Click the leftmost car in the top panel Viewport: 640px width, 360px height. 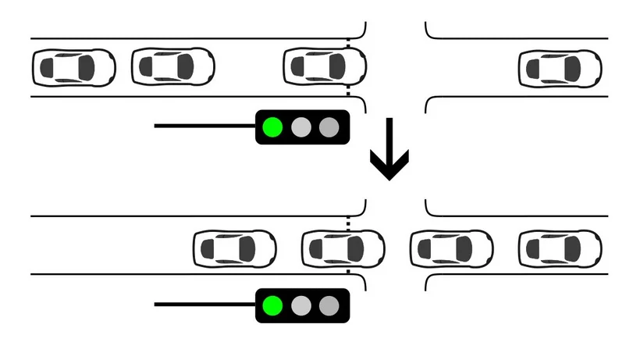[x=73, y=66]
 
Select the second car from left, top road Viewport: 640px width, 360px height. [x=173, y=66]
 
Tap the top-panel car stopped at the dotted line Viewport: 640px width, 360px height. [x=324, y=66]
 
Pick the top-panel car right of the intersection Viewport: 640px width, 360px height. [x=560, y=68]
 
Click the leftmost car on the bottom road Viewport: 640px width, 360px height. [x=235, y=248]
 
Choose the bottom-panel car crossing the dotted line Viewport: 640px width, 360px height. [x=343, y=248]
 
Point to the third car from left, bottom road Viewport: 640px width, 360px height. [x=452, y=248]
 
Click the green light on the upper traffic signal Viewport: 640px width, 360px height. [x=272, y=127]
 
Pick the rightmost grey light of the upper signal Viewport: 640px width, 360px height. [x=329, y=127]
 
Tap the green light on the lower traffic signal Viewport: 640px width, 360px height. [x=272, y=305]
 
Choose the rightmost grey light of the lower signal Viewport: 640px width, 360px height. [x=329, y=305]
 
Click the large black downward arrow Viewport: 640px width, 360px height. [x=389, y=152]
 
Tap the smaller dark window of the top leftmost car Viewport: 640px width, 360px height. [x=48, y=67]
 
